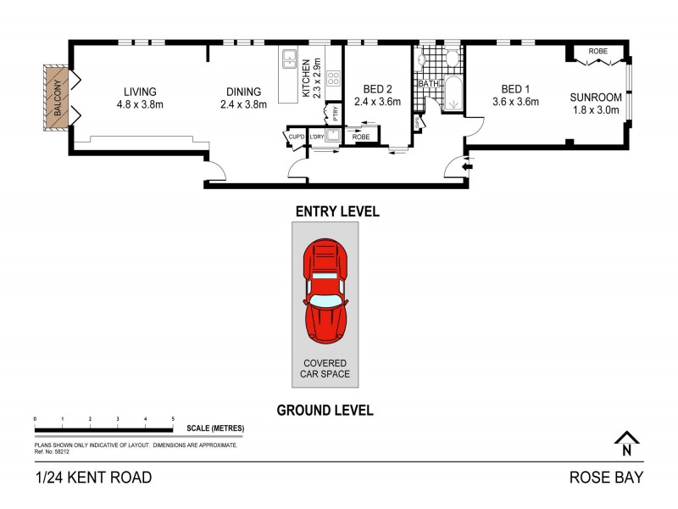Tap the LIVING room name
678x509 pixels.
[x=140, y=92]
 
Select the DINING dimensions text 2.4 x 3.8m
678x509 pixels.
[x=243, y=105]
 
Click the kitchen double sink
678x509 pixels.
[x=289, y=59]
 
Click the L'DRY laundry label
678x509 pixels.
[x=317, y=137]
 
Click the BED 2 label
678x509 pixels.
[x=376, y=88]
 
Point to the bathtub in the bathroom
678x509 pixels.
[x=453, y=93]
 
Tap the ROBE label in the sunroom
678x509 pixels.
[x=598, y=51]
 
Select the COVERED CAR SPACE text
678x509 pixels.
[x=326, y=368]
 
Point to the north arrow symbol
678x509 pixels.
[x=627, y=439]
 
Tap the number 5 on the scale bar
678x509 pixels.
[x=173, y=419]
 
